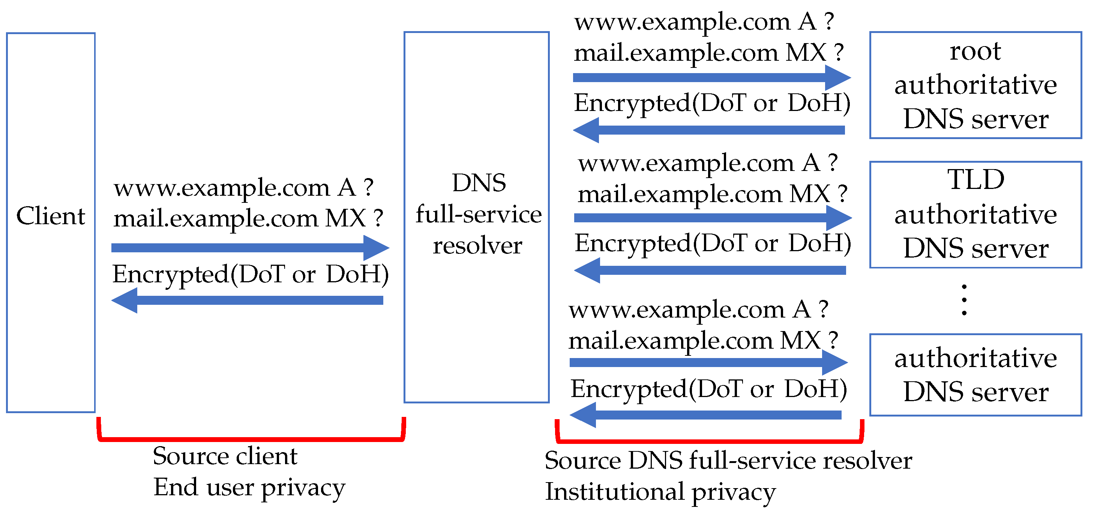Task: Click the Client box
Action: click(x=51, y=222)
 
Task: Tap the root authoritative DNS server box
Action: click(x=975, y=85)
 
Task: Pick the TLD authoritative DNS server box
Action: click(x=975, y=214)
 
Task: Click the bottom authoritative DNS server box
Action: click(x=975, y=375)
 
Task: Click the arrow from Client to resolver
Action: click(x=250, y=248)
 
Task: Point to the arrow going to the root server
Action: click(x=711, y=78)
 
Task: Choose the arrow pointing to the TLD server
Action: click(x=713, y=218)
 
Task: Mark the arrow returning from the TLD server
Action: click(x=710, y=270)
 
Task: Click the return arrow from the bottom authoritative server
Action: click(x=705, y=415)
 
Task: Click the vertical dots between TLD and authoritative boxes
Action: click(x=964, y=300)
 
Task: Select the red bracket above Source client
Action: click(x=251, y=439)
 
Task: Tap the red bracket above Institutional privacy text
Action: click(x=709, y=441)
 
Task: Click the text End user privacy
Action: click(x=249, y=487)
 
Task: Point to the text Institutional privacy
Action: click(x=660, y=492)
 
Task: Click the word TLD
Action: click(x=975, y=180)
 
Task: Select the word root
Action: click(x=975, y=51)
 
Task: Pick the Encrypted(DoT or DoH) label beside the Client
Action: click(x=251, y=274)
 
